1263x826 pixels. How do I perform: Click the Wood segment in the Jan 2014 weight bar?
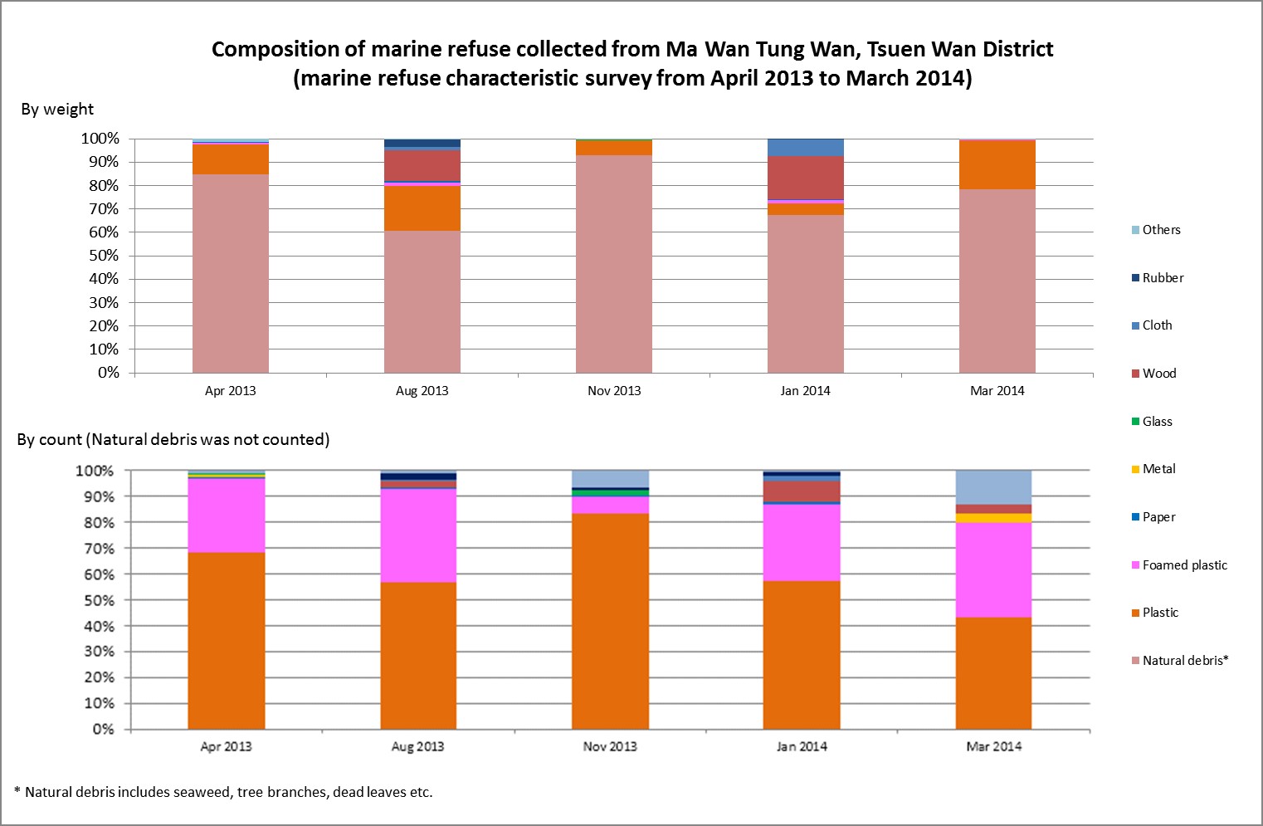[805, 178]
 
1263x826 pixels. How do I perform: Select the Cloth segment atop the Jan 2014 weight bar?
[805, 148]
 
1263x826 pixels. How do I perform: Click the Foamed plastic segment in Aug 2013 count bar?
[418, 535]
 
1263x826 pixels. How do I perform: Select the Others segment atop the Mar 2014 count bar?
[993, 487]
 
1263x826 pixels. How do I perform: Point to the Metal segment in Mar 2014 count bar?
[993, 518]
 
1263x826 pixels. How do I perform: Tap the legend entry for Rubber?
[1162, 278]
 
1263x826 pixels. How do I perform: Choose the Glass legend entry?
[1157, 422]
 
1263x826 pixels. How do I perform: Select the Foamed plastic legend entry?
[1184, 565]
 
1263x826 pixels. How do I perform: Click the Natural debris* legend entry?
[1184, 661]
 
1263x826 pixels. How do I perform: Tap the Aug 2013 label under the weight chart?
[422, 391]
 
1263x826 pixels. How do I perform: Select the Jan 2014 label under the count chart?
[802, 746]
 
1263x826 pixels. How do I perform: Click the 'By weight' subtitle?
[57, 110]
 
